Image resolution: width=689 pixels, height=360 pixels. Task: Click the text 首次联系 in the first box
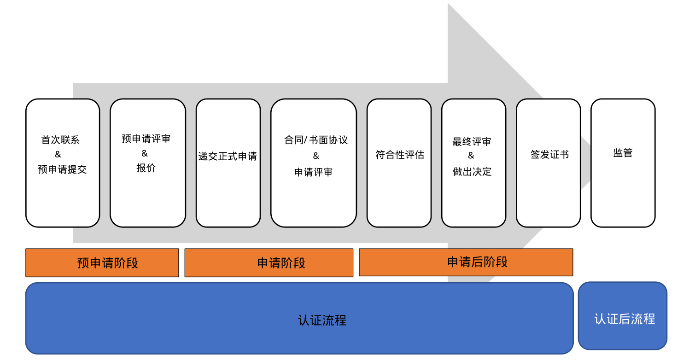pos(60,140)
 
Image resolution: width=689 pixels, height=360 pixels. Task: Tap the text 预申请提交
pos(62,169)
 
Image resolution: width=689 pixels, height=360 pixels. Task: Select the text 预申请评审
pos(146,139)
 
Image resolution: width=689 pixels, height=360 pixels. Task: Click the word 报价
pos(146,168)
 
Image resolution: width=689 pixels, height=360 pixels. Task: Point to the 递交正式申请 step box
pos(228,163)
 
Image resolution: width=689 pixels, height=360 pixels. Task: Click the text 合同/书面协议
pos(316,140)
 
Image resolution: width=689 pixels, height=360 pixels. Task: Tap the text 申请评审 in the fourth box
pos(313,172)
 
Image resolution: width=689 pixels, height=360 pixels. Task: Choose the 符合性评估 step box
pos(399,163)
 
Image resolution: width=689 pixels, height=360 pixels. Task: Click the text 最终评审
pos(472,142)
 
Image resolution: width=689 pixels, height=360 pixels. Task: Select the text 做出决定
pos(472,172)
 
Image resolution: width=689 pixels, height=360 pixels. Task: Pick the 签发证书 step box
pos(548,163)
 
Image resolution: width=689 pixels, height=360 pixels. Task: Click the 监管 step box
pos(623,163)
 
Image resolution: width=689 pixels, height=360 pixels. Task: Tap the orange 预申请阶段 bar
pos(102,263)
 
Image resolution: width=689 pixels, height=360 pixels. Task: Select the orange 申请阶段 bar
pos(269,263)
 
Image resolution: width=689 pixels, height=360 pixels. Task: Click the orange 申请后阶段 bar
pos(466,262)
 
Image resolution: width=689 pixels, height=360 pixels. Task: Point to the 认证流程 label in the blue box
pos(322,320)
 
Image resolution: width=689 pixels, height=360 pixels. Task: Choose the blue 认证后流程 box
pos(623,316)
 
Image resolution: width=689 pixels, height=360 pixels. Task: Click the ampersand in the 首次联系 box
pos(58,155)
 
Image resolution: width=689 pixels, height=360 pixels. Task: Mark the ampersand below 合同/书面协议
pos(315,156)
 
